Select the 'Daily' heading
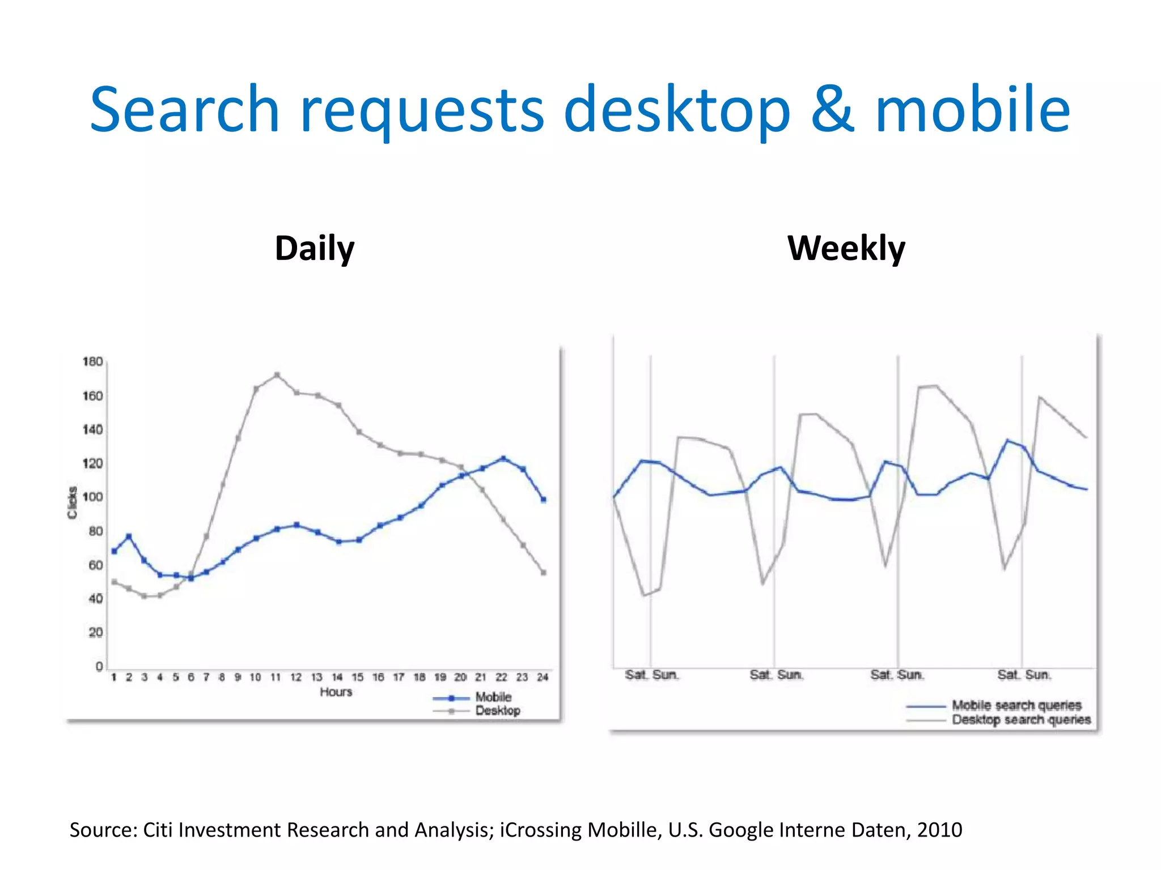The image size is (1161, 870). (315, 249)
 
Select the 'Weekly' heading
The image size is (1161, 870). (846, 249)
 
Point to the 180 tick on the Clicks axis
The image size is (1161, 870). (93, 361)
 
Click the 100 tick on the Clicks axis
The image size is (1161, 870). (93, 497)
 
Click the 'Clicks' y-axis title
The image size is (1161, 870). (72, 502)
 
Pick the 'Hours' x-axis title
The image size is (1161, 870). (336, 692)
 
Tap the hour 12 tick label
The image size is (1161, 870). (296, 677)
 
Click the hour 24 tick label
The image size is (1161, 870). (543, 677)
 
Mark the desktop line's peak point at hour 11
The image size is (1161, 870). (277, 375)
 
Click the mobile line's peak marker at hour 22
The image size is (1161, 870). (503, 458)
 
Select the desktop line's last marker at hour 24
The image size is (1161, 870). (544, 573)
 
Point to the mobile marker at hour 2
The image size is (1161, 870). (129, 536)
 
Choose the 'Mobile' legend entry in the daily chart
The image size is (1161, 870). (493, 697)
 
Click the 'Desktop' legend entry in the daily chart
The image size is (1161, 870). (497, 711)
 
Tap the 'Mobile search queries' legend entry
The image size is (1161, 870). (1016, 706)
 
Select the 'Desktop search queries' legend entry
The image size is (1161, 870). (1021, 720)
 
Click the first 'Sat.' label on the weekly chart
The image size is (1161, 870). (635, 675)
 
